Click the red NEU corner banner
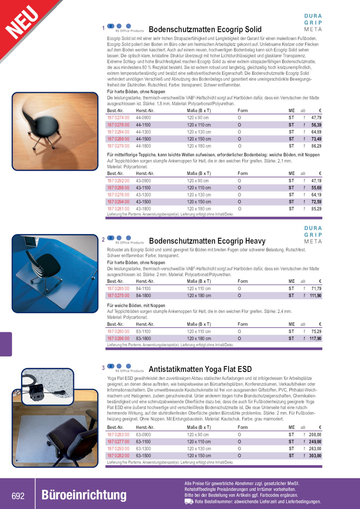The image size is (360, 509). (x=23, y=23)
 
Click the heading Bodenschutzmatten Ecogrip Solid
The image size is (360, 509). (x=205, y=30)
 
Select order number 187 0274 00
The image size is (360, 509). (x=118, y=118)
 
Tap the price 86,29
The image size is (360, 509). (x=316, y=146)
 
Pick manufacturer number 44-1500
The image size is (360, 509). (x=143, y=139)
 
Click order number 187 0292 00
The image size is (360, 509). (x=118, y=181)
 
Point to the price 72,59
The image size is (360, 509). (x=316, y=202)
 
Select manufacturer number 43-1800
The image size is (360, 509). (x=143, y=209)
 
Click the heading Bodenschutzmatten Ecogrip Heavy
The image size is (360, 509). (x=207, y=241)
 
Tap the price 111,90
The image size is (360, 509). (x=315, y=296)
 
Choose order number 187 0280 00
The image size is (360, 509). (x=118, y=332)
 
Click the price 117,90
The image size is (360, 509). (x=315, y=339)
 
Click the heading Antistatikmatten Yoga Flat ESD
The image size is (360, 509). (x=200, y=369)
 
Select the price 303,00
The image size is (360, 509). (x=315, y=456)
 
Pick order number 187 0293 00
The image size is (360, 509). (x=118, y=449)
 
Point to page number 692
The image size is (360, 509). (x=18, y=496)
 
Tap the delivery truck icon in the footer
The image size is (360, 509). (x=189, y=502)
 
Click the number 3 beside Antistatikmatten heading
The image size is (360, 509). (x=103, y=368)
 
